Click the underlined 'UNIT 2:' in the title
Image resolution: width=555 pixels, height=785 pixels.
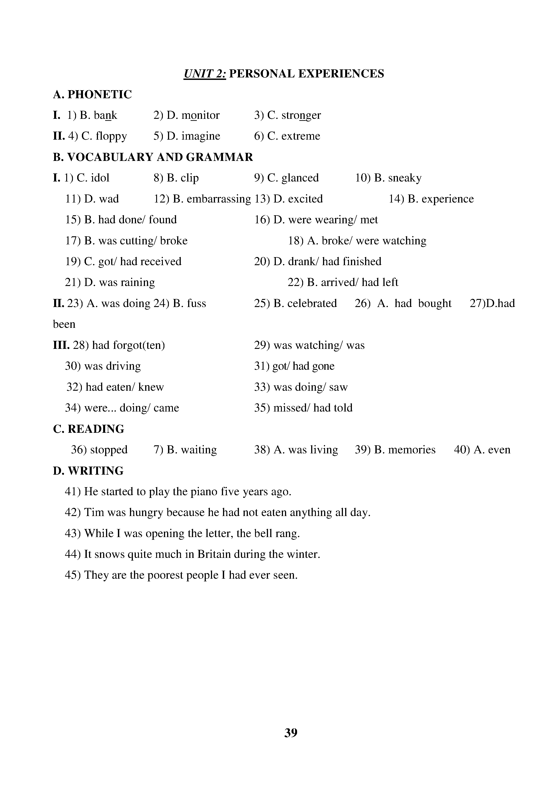pos(205,73)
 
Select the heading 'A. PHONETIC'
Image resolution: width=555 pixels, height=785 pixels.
pos(92,94)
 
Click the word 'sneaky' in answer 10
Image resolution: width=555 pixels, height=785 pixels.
pos(405,178)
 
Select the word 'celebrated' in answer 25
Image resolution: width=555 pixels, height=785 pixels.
pos(312,303)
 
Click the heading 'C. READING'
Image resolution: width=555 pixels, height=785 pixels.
pos(89,429)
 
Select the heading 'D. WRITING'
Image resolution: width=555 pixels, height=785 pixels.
pos(88,471)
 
